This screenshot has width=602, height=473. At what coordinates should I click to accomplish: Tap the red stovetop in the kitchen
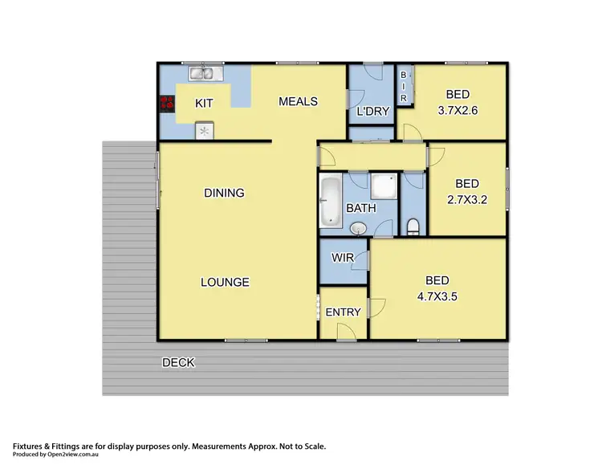[167, 103]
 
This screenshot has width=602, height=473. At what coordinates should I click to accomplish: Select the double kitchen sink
[205, 75]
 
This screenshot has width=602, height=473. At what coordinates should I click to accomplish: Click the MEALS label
[298, 101]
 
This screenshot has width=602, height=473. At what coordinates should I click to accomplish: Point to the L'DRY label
[372, 111]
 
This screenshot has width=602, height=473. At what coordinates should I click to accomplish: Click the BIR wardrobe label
[405, 85]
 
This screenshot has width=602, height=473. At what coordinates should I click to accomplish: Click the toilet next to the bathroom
[413, 226]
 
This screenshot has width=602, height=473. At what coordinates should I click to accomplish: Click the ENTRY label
[343, 312]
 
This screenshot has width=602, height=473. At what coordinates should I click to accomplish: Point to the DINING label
[224, 193]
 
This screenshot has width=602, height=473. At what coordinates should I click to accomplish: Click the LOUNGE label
[225, 282]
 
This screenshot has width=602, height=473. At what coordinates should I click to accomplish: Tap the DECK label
[178, 363]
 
